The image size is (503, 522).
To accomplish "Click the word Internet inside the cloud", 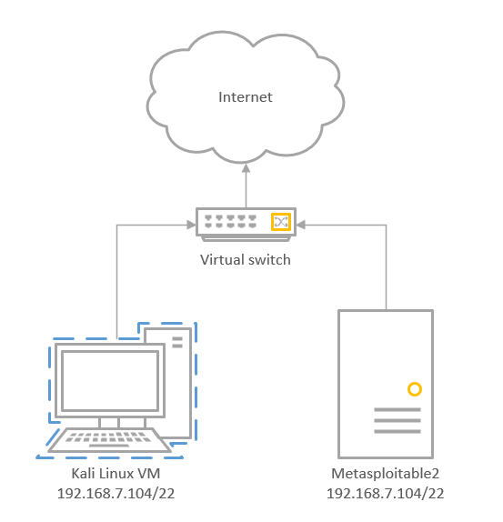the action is click(246, 97).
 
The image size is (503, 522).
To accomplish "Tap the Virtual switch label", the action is click(246, 260).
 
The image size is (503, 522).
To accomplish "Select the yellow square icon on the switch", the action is click(281, 222).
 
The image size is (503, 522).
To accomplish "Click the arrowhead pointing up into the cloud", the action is click(246, 168).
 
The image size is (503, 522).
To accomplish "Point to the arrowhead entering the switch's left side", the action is click(192, 225).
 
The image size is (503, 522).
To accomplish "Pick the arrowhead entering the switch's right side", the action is click(300, 225).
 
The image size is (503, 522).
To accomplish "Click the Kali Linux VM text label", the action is click(116, 474).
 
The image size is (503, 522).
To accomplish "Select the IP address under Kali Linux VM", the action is click(116, 494).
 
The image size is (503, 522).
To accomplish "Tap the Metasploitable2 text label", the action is click(385, 474).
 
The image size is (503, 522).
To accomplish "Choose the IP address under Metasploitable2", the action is click(385, 494).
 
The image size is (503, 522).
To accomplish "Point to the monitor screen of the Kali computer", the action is click(110, 381).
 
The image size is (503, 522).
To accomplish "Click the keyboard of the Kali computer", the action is click(109, 440).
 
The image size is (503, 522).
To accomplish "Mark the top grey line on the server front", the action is click(397, 410).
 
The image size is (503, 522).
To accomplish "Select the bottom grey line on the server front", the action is click(397, 432).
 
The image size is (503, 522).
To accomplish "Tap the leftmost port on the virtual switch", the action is click(208, 221).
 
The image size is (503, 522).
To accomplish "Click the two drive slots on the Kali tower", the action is click(177, 343).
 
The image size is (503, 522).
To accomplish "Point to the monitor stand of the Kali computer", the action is click(122, 423).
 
